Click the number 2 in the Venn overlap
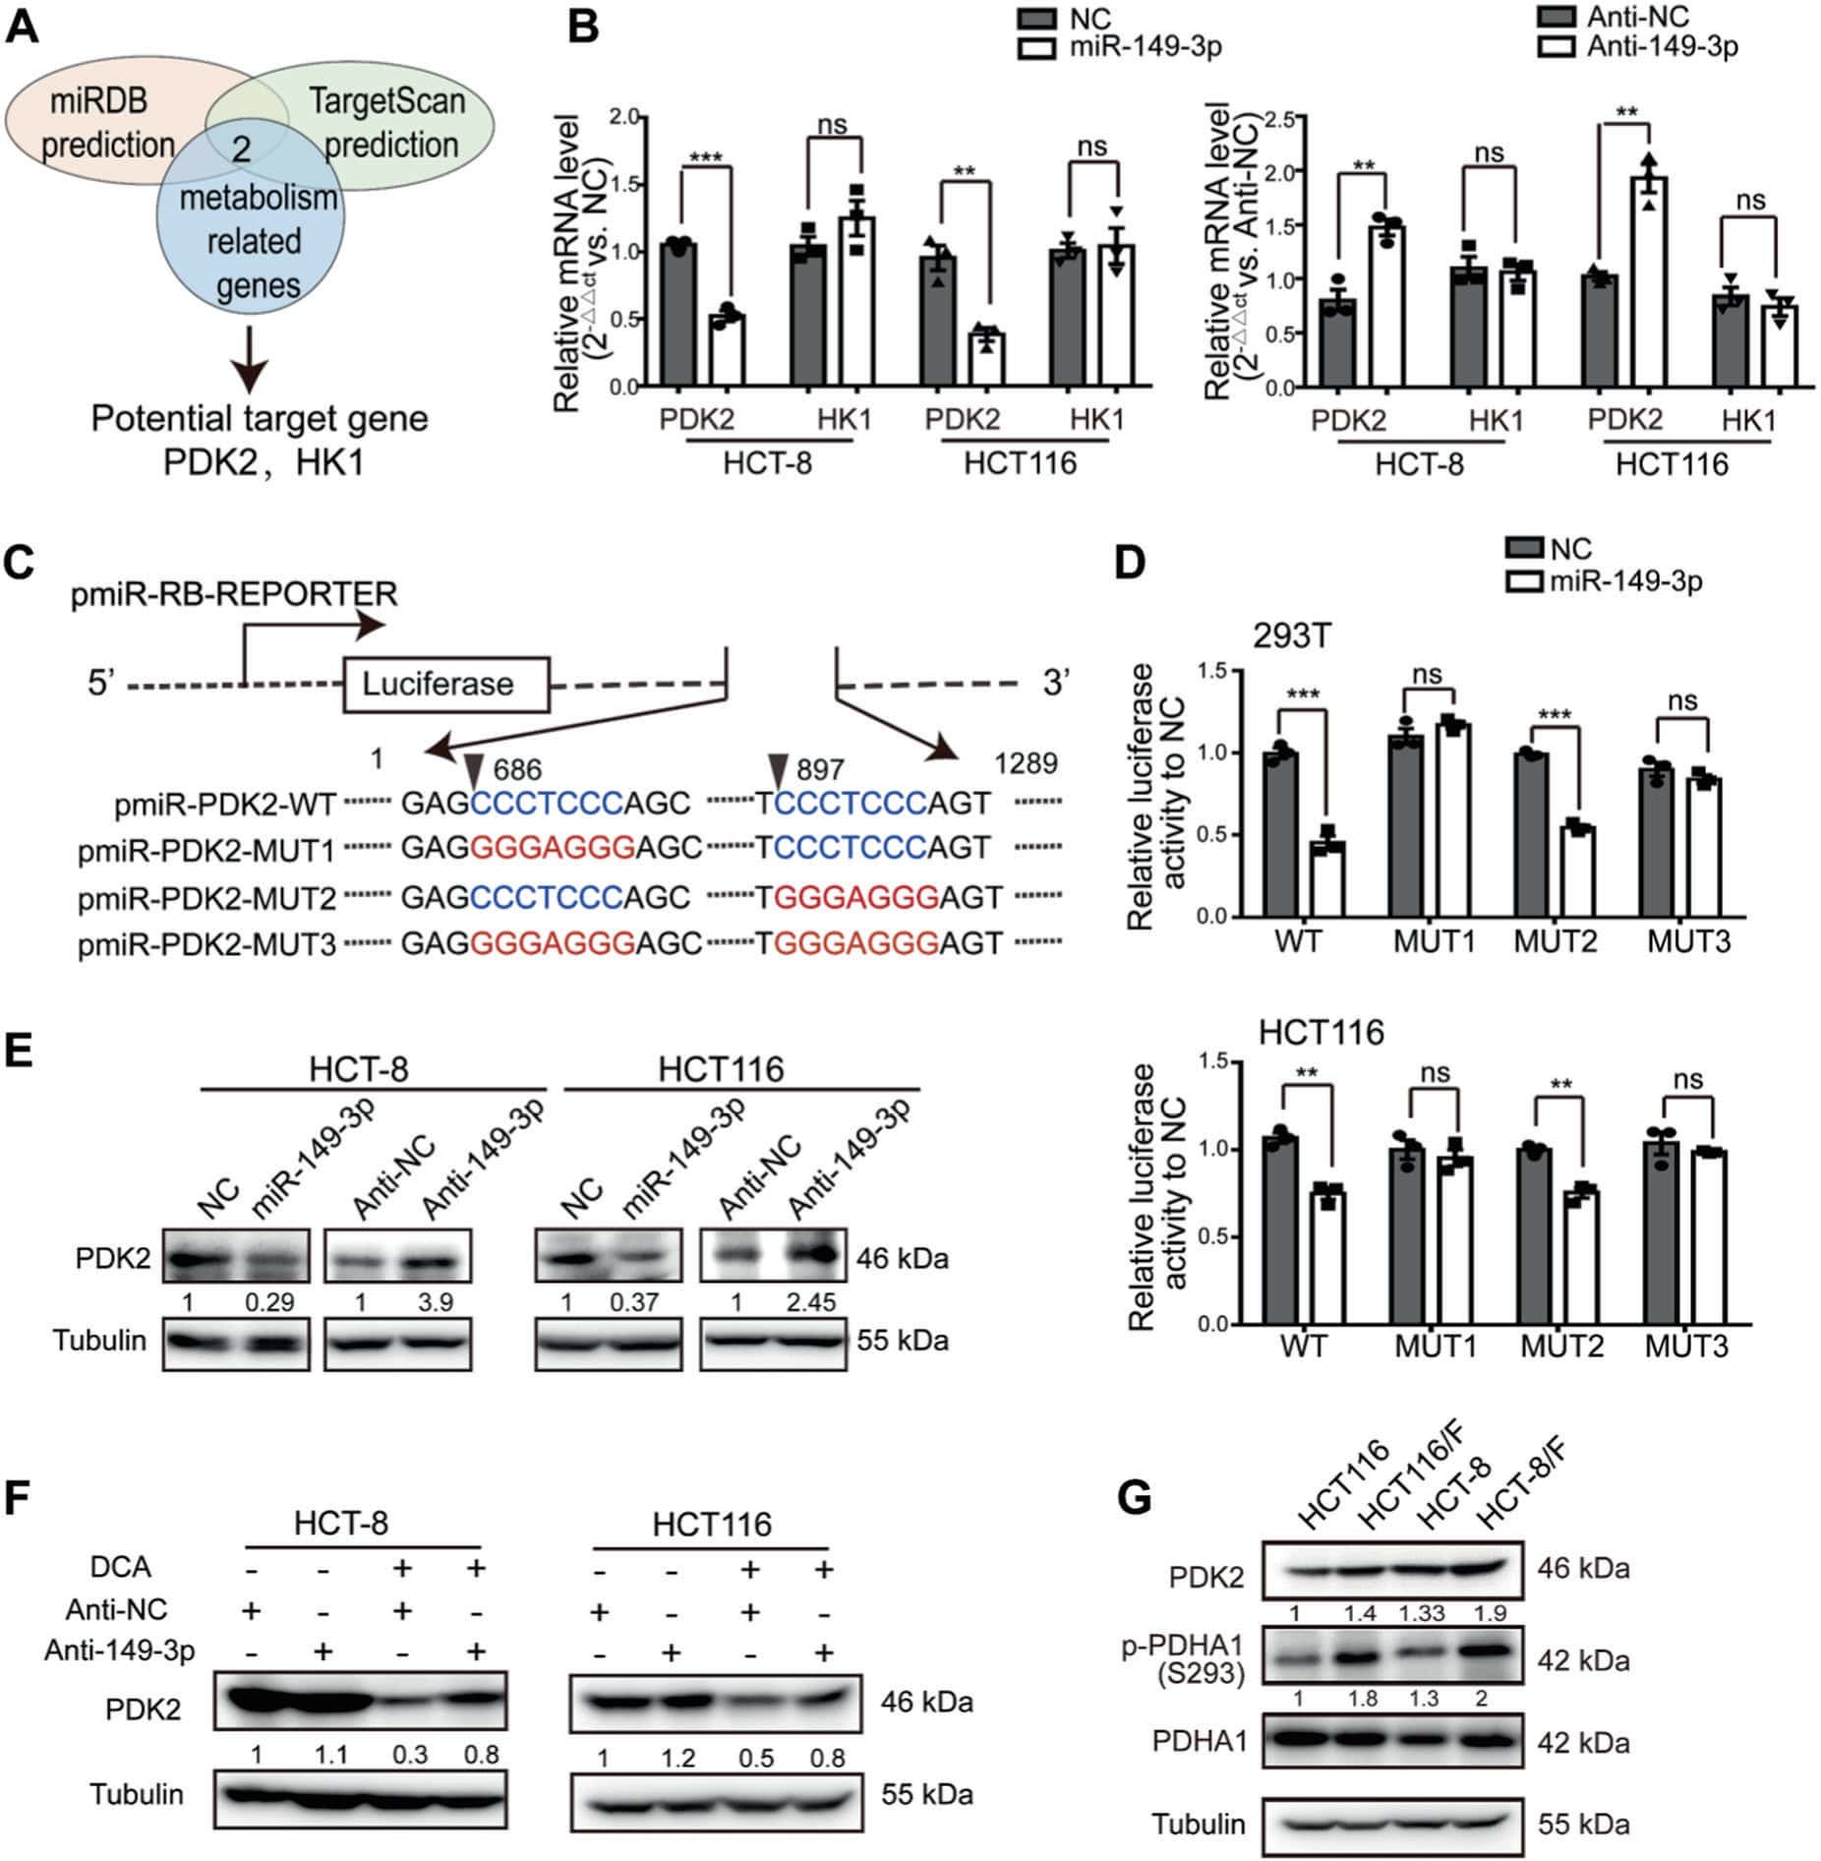pyautogui.click(x=241, y=150)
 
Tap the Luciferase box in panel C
pyautogui.click(x=444, y=684)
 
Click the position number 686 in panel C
pyautogui.click(x=517, y=769)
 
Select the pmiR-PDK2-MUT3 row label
pyautogui.click(x=206, y=944)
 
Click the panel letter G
pyautogui.click(x=1137, y=1499)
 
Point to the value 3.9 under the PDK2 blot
pyautogui.click(x=435, y=1302)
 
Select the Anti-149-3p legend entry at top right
pyautogui.click(x=1662, y=45)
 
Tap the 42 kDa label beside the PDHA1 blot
pyautogui.click(x=1583, y=1743)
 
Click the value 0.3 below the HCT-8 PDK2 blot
pyautogui.click(x=409, y=1755)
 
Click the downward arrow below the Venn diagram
pyautogui.click(x=253, y=359)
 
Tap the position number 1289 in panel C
pyautogui.click(x=1026, y=763)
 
